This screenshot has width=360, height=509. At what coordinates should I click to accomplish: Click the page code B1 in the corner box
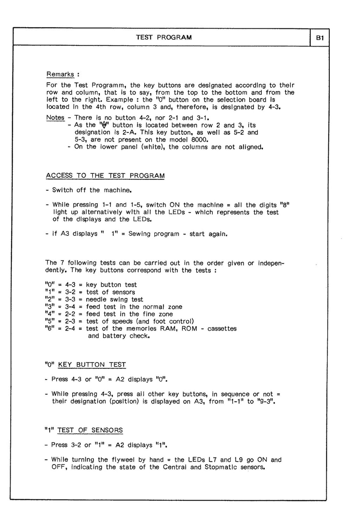pos(320,38)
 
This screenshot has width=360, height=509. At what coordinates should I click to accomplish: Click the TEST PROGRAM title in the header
pos(164,37)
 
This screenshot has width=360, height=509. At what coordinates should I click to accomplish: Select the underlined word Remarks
pos(60,74)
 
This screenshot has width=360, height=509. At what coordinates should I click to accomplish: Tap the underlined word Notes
pos(55,117)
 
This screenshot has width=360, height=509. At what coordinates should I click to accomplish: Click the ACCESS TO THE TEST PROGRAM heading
pos(105,176)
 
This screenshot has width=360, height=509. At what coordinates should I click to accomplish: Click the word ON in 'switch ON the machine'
pos(175,205)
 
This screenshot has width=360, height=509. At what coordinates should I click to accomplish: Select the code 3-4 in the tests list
pos(70,307)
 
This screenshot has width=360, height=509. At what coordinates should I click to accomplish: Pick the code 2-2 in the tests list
pos(70,314)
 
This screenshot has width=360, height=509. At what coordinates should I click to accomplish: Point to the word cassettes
pos(222,329)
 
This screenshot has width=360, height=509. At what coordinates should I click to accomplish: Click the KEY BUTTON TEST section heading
pos(92,365)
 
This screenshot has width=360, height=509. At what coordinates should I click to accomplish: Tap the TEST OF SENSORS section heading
pos(90,430)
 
